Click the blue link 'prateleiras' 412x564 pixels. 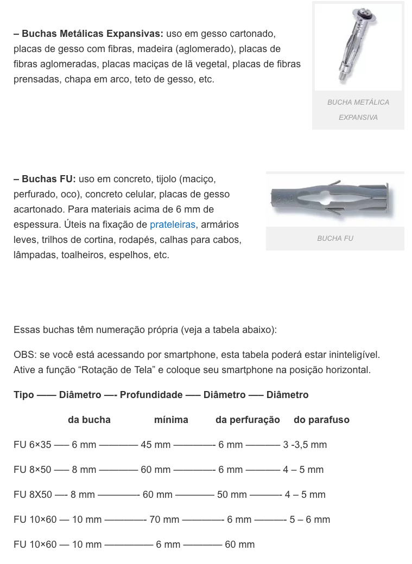(172, 224)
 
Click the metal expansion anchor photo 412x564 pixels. (358, 47)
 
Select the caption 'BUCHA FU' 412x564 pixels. (335, 238)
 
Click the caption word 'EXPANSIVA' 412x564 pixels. (358, 117)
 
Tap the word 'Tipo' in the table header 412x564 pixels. (24, 395)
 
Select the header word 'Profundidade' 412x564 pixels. (151, 395)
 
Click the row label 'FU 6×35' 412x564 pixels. (33, 445)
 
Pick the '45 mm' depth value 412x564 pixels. (155, 445)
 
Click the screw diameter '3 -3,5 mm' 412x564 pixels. (305, 445)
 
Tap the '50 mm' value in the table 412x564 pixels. (232, 495)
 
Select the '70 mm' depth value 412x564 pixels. (164, 520)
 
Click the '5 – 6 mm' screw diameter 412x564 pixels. (309, 520)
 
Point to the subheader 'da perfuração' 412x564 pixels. (248, 420)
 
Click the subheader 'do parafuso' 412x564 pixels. (321, 420)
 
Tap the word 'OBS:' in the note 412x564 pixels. (25, 355)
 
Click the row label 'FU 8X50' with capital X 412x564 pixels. (33, 495)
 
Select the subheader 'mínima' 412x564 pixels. (171, 420)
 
